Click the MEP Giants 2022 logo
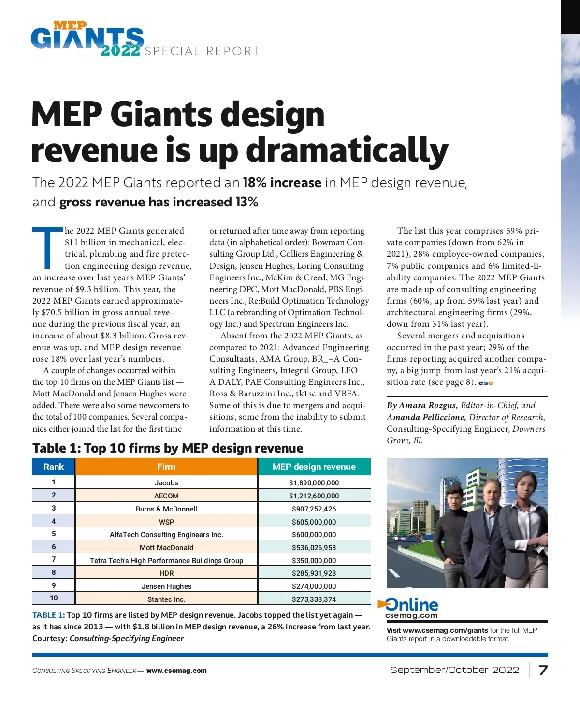tap(87, 38)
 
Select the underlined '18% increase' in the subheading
tap(282, 183)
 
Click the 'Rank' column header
tap(53, 467)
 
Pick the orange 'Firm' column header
tap(166, 467)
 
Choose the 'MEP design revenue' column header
tap(314, 467)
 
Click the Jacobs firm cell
tap(166, 482)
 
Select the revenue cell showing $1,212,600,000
tap(314, 496)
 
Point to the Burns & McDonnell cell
tap(166, 509)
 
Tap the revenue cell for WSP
tap(314, 522)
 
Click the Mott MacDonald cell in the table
tap(166, 547)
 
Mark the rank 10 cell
tap(53, 598)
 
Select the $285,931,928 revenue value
tap(314, 573)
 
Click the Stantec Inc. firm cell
tap(166, 599)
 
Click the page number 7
tap(543, 670)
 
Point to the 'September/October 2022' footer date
tap(454, 670)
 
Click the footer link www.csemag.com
tap(176, 671)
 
